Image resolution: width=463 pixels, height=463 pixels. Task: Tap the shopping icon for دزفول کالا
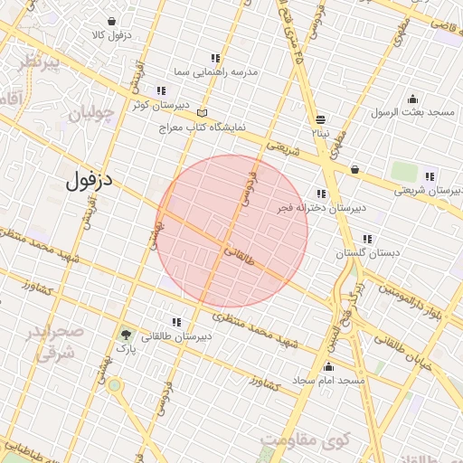point(111,21)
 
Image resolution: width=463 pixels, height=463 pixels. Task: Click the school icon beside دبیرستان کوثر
point(161,91)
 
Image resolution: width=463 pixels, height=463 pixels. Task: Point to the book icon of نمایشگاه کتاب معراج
point(202,114)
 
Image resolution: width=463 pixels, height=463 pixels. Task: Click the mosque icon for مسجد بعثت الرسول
point(412,99)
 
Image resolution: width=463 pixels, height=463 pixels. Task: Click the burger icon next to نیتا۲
point(321,119)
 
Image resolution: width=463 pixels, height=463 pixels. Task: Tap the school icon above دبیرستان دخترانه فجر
point(320,194)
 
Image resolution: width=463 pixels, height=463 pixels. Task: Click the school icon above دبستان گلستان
point(367,240)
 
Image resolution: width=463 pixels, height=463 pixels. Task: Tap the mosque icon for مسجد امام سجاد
point(328,367)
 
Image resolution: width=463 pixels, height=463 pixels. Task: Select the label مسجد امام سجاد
point(328,382)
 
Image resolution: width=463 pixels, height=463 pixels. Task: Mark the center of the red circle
point(232,231)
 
